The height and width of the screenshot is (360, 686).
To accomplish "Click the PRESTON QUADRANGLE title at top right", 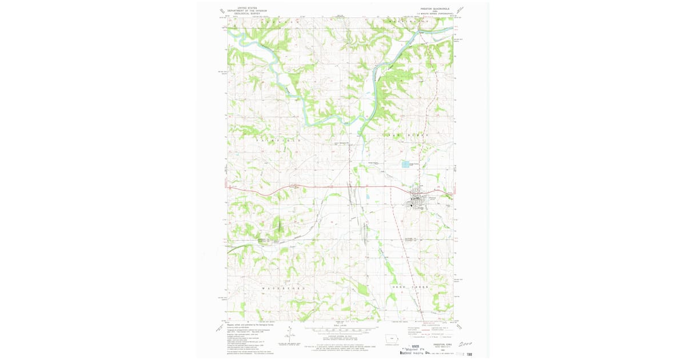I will pyautogui.click(x=434, y=9).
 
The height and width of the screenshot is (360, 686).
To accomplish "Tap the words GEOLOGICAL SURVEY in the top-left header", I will pyautogui.click(x=247, y=13).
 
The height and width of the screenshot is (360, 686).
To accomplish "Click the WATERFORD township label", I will pyautogui.click(x=281, y=289).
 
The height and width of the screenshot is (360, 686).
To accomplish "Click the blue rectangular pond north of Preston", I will pyautogui.click(x=405, y=164).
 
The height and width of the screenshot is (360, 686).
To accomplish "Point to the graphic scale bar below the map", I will pyautogui.click(x=341, y=330).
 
